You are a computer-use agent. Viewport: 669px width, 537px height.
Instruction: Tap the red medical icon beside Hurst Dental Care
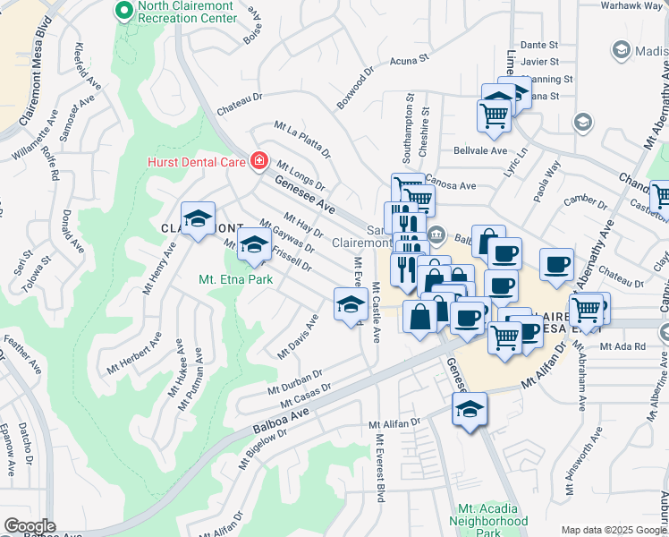pyautogui.click(x=259, y=161)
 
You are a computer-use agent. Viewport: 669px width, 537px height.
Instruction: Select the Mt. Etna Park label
pyautogui.click(x=232, y=280)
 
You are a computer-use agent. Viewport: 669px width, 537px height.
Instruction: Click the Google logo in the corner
pyautogui.click(x=30, y=525)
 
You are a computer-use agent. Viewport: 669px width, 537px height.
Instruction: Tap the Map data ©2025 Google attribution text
pyautogui.click(x=613, y=530)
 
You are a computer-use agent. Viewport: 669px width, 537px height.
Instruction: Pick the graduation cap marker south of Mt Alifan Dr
pyautogui.click(x=470, y=412)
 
